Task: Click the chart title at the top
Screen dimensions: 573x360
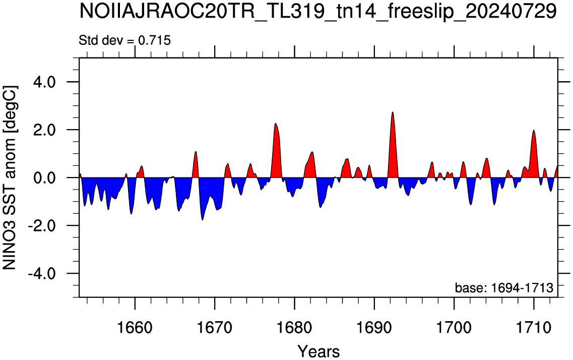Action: point(318,12)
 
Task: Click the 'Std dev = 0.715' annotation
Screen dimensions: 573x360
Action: point(124,40)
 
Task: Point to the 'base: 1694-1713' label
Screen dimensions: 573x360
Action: point(504,288)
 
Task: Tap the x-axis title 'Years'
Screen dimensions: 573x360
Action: point(319,351)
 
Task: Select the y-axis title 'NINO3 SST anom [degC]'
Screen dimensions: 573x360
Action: point(10,178)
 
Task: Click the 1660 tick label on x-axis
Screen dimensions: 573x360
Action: point(135,327)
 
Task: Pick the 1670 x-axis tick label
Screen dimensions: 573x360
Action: point(215,327)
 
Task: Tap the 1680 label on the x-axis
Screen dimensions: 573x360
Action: point(294,327)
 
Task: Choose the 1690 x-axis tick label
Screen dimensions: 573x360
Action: point(374,327)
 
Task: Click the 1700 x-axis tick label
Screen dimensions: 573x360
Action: point(454,327)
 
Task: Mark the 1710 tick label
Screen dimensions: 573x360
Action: point(534,327)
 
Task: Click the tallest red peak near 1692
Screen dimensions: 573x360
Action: point(393,112)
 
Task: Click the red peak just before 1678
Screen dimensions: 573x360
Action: point(276,124)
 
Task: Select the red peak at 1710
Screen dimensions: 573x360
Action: point(534,131)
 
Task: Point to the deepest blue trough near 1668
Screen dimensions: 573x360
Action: point(203,220)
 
